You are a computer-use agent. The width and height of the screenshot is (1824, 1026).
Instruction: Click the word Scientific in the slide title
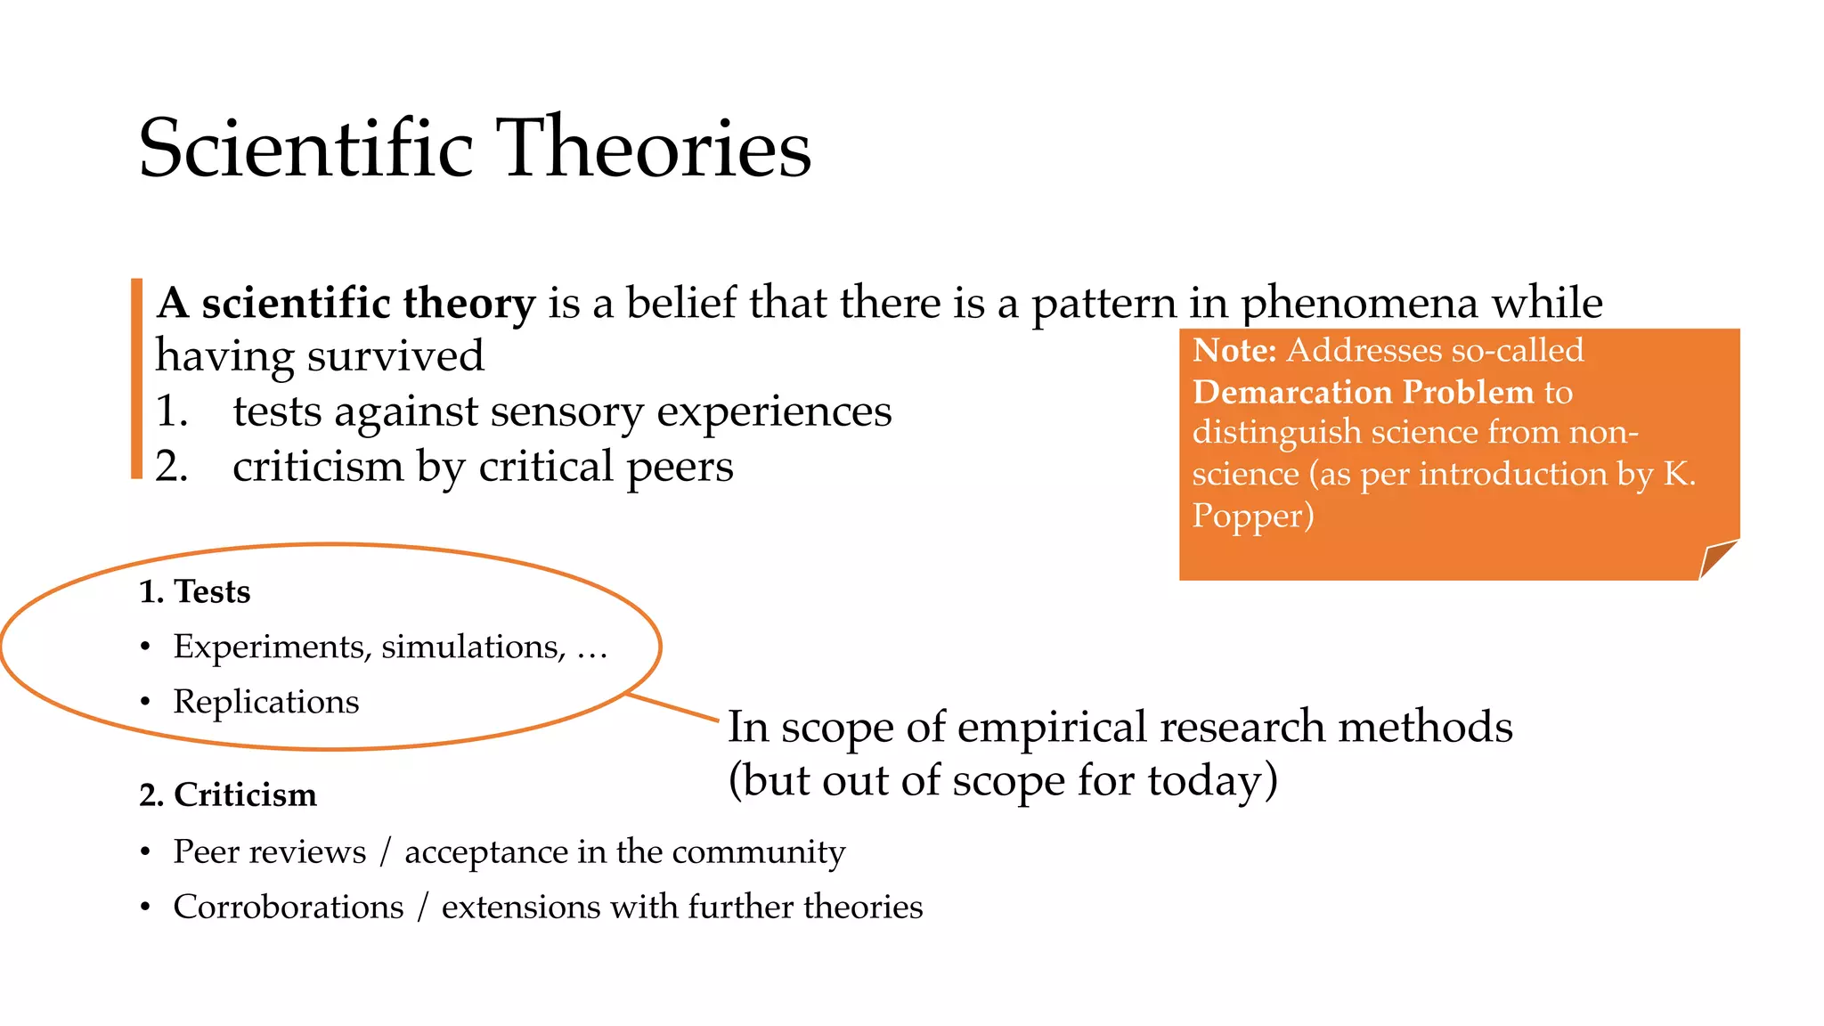305,148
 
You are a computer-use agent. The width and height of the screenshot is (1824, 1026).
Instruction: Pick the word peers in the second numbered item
680,467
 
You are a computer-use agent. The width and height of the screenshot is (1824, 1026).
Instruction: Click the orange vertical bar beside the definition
136,379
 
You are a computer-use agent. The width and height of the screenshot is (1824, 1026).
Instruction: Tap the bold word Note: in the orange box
1234,350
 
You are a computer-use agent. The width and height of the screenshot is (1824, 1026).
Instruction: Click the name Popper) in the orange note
1252,517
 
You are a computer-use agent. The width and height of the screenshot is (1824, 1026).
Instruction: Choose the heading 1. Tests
195,591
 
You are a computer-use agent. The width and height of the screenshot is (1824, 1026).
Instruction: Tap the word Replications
265,702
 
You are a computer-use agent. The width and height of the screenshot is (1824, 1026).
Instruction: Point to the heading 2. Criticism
228,794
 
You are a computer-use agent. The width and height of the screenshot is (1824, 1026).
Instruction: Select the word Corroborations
289,907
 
